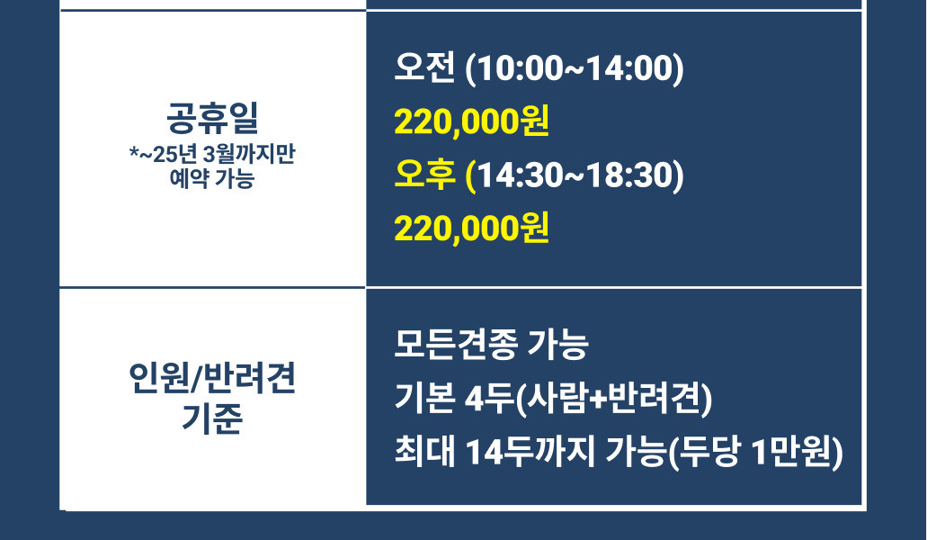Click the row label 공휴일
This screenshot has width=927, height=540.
[x=212, y=118]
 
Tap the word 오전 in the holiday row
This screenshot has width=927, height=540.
[x=424, y=67]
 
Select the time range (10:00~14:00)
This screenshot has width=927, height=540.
[x=575, y=68]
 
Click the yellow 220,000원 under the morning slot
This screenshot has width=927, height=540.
[x=471, y=121]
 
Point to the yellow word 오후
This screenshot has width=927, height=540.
[x=424, y=175]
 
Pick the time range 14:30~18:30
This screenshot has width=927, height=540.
[x=575, y=175]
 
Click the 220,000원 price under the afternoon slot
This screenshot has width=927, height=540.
[x=471, y=229]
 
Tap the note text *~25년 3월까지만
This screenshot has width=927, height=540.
[x=212, y=155]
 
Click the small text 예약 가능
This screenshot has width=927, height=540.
[x=212, y=178]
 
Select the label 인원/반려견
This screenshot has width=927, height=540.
[x=212, y=379]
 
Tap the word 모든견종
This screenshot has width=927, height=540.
[x=456, y=344]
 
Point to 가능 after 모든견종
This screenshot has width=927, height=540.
[x=558, y=344]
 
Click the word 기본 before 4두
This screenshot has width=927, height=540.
[x=424, y=398]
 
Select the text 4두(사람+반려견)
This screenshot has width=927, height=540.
[x=588, y=398]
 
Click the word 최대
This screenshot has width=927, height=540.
[x=424, y=451]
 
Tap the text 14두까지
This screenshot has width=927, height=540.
[x=530, y=451]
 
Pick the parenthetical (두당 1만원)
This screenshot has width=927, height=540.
[x=756, y=452]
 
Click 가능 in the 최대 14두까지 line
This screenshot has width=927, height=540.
[x=636, y=451]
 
